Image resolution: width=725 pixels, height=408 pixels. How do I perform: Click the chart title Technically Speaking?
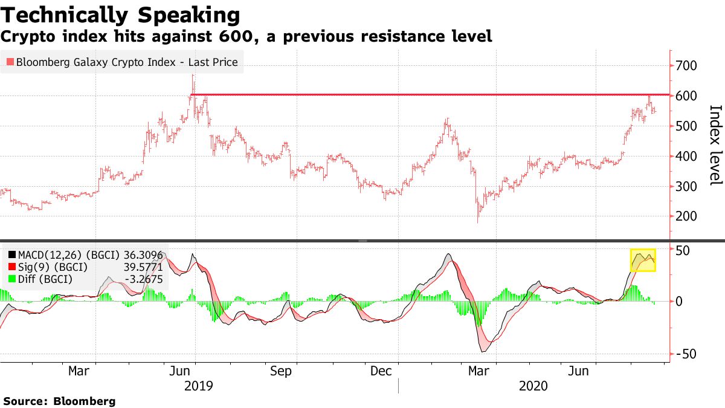point(121,15)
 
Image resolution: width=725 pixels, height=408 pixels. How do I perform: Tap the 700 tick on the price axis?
point(688,66)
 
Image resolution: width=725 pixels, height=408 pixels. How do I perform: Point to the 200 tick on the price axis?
point(688,216)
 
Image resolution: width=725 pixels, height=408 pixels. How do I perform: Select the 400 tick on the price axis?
point(688,156)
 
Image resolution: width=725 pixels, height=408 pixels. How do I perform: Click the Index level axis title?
point(715,145)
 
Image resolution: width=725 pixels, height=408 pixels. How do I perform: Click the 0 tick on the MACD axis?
point(679,301)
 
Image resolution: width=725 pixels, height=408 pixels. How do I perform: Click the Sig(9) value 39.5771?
point(143,267)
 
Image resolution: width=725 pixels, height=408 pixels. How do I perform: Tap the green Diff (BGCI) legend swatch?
point(12,279)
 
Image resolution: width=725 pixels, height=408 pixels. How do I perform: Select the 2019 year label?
point(199,386)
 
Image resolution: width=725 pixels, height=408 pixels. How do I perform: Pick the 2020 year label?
point(533,386)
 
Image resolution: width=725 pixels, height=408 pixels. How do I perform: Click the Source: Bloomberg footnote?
point(59,401)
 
